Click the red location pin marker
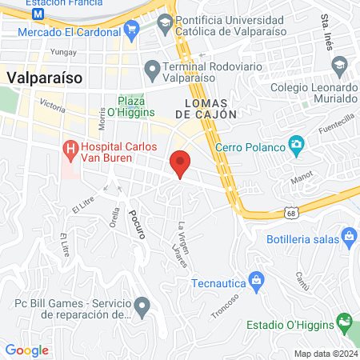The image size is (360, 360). (181, 162)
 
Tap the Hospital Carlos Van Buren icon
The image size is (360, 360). (70, 148)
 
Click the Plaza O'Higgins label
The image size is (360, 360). (130, 106)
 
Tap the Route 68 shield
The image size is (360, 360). (294, 214)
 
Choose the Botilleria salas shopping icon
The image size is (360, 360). (348, 237)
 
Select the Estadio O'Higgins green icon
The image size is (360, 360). (344, 323)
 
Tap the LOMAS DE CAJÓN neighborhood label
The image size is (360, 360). (210, 109)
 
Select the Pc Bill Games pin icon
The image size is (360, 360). (142, 306)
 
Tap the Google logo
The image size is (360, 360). (26, 350)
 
